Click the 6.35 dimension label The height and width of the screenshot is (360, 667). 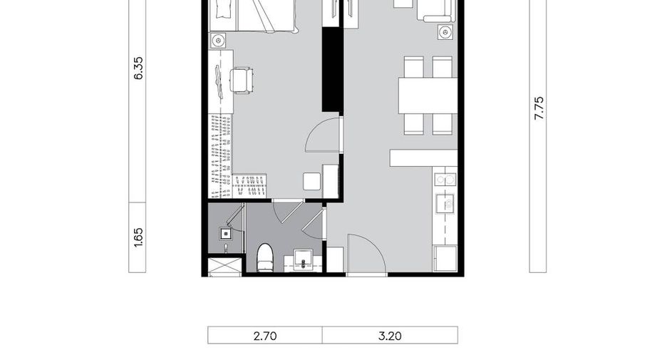139,68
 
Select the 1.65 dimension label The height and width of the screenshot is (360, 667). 139,237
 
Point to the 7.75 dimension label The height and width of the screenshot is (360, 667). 539,108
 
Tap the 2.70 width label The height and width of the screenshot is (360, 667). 265,336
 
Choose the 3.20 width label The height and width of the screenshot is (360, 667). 390,336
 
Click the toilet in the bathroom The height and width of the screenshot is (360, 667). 265,257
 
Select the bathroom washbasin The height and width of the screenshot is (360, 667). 303,259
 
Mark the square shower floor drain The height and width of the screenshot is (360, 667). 226,233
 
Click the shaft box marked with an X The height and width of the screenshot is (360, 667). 224,267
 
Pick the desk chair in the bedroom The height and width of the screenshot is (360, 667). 242,80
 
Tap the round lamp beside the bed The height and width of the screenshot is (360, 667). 218,41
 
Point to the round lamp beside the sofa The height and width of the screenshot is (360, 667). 445,32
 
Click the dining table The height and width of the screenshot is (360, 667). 428,96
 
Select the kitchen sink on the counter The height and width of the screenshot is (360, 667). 445,203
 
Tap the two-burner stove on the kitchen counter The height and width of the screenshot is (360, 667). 445,180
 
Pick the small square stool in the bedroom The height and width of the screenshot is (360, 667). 312,181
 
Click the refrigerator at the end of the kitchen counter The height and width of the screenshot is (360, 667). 445,258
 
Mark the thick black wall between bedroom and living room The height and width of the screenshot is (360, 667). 332,69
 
